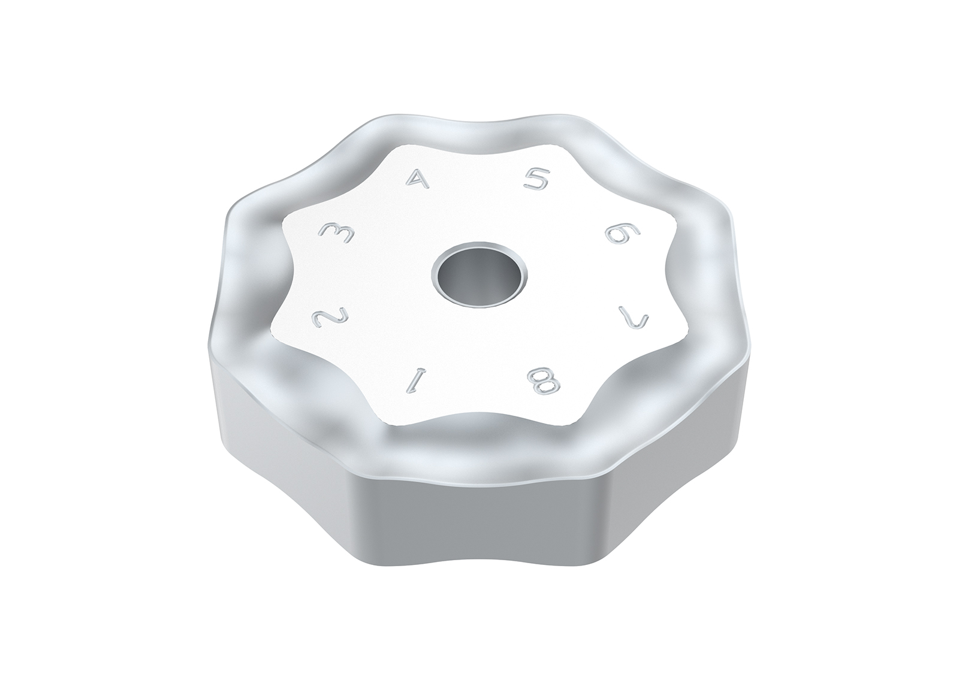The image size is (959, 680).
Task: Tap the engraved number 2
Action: (330, 317)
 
